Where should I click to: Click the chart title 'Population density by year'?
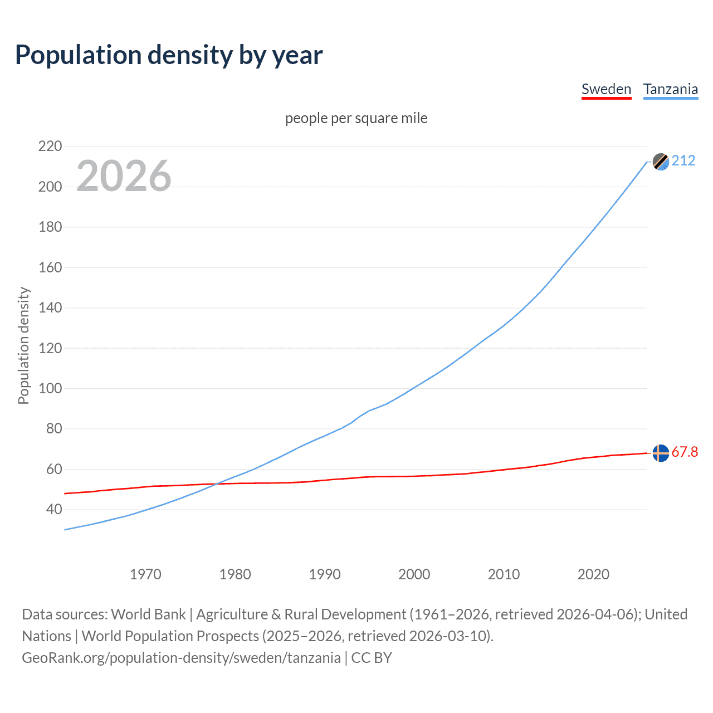click(x=169, y=55)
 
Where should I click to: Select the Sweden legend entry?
click(x=606, y=89)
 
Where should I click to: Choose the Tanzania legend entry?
click(x=670, y=89)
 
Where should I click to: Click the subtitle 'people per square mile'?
click(x=356, y=119)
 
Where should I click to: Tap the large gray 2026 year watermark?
click(x=124, y=176)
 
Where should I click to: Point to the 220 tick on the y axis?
click(x=50, y=146)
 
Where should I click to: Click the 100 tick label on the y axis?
click(x=50, y=388)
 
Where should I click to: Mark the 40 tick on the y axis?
click(x=54, y=509)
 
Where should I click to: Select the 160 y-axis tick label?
click(x=50, y=267)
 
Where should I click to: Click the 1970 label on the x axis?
click(x=145, y=574)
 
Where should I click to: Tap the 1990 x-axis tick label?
click(x=325, y=574)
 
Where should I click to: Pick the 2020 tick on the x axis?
click(x=593, y=574)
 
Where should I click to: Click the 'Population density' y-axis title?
click(x=23, y=345)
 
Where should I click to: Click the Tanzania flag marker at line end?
click(x=661, y=162)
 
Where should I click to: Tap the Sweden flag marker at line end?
click(x=661, y=453)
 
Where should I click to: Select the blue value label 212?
click(x=683, y=161)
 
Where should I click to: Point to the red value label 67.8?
click(x=685, y=452)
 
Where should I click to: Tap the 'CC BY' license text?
click(x=372, y=658)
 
